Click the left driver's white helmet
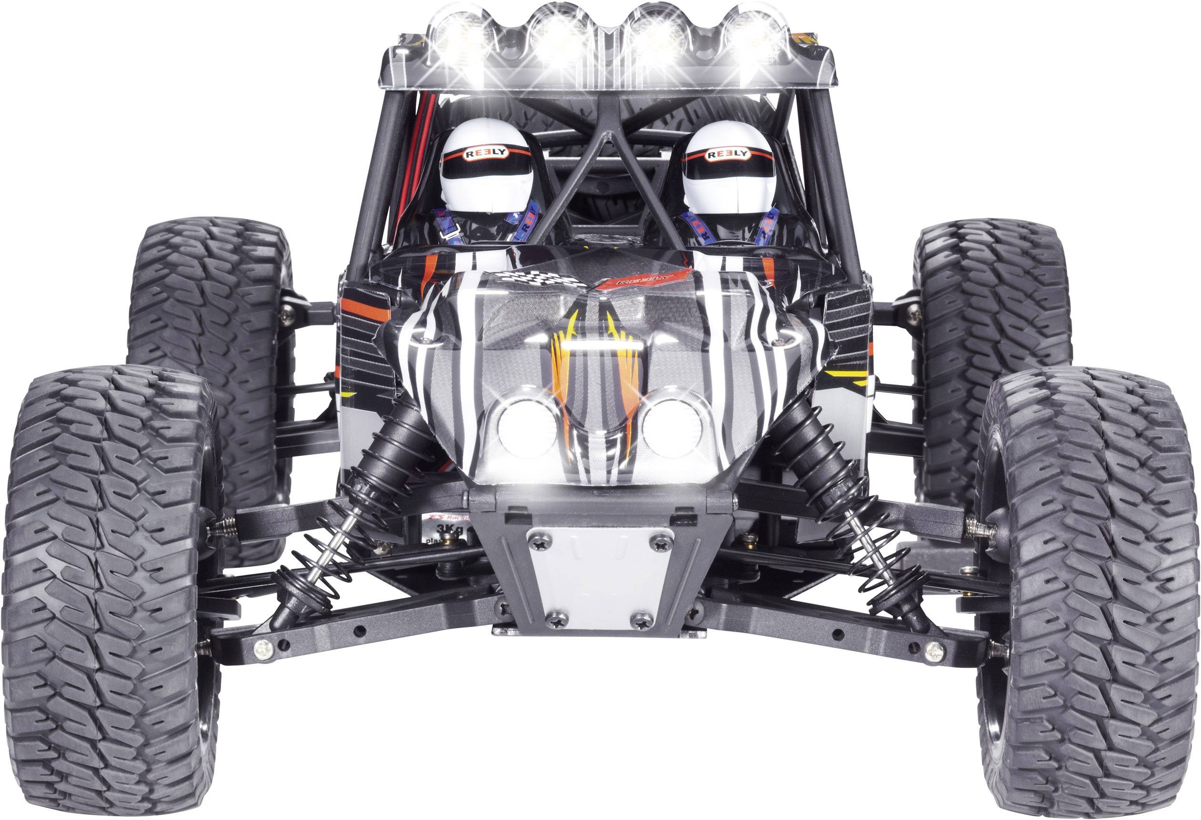pyautogui.click(x=485, y=165)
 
